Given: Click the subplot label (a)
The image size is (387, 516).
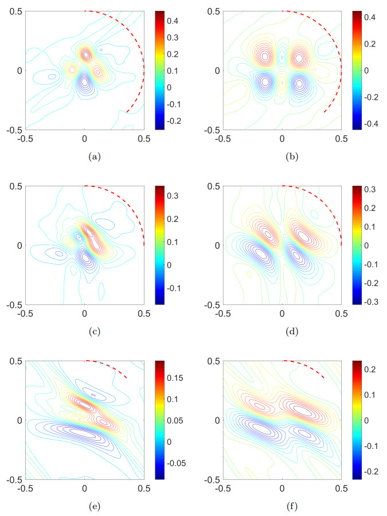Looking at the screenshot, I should tap(84, 157).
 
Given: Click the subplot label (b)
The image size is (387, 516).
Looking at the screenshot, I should tap(282, 157).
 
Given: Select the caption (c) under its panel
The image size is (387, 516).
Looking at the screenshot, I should tap(84, 331).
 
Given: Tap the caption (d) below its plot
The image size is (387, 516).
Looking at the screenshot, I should tap(282, 331).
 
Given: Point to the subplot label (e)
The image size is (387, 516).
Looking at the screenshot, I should tap(84, 506).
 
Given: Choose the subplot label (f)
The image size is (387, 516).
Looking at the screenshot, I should tap(282, 506).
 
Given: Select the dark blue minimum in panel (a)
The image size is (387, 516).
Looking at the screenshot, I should tap(85, 82).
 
